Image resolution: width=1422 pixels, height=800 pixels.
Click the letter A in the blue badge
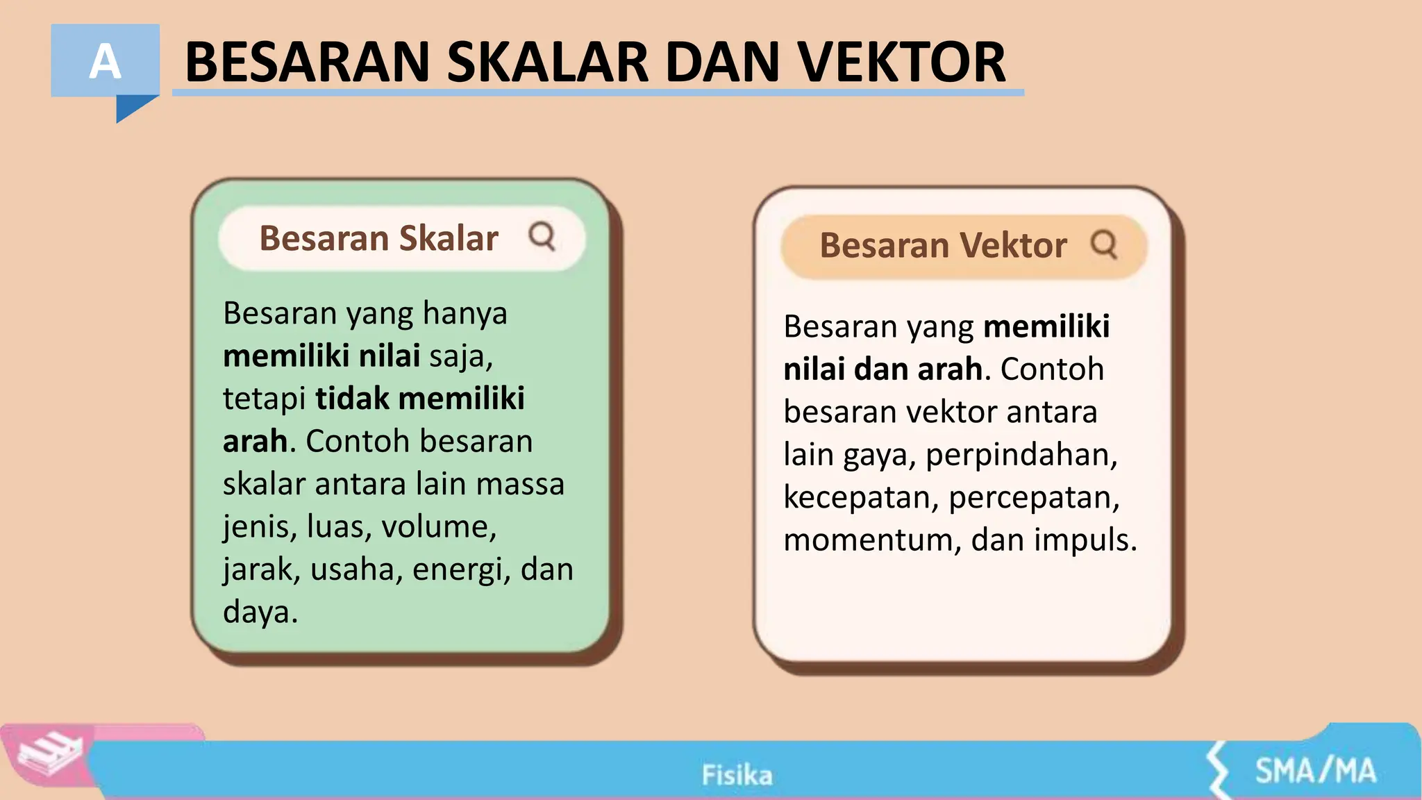(x=105, y=62)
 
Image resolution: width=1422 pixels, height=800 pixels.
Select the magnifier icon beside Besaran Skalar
(x=542, y=236)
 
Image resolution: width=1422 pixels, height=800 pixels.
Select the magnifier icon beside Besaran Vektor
(x=1103, y=244)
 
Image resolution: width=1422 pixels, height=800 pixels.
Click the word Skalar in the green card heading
(x=448, y=238)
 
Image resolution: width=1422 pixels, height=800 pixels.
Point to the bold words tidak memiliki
(x=419, y=399)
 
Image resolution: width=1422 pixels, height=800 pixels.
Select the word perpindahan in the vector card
(x=1021, y=455)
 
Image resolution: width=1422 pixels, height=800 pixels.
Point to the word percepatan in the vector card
(x=1033, y=497)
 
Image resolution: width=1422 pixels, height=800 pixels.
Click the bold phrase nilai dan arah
(x=883, y=369)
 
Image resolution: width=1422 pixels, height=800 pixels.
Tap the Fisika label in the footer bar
(x=737, y=775)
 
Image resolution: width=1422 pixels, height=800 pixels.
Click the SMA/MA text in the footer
(x=1314, y=771)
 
